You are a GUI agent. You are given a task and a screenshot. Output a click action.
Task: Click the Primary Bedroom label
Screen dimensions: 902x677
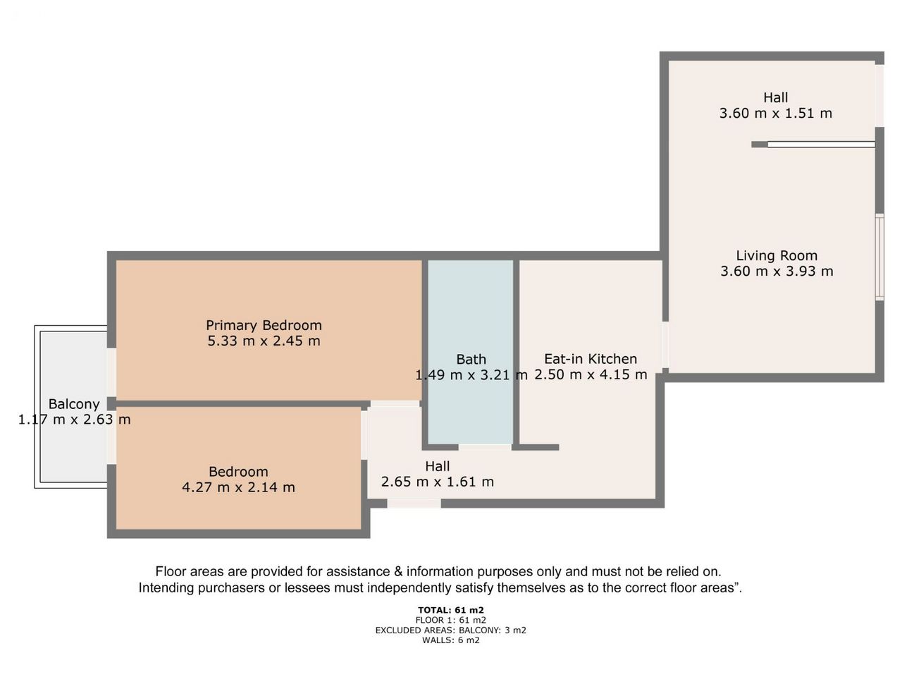[264, 325]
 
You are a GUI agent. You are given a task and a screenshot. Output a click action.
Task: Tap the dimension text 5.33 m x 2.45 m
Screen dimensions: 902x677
[264, 341]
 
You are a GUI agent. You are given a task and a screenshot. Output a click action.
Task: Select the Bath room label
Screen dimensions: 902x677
[471, 359]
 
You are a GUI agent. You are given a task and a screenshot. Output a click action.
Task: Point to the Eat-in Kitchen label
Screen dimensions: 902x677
[591, 359]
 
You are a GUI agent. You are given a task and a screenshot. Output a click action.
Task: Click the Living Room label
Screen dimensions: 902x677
[777, 256]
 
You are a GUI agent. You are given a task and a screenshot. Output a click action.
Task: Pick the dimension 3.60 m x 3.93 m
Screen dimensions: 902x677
[777, 272]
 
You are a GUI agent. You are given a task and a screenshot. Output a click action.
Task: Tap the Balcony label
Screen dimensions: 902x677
[74, 404]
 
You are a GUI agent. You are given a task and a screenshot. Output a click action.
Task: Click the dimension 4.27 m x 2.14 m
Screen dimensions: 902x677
[238, 487]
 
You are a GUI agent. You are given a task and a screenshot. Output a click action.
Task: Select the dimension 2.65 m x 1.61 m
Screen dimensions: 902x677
[437, 482]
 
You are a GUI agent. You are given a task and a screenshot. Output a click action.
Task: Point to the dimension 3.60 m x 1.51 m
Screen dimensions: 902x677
[775, 113]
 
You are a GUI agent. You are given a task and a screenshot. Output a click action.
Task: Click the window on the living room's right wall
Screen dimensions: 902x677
[879, 257]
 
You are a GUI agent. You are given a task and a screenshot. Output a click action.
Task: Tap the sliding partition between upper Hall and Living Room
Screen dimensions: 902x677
[821, 145]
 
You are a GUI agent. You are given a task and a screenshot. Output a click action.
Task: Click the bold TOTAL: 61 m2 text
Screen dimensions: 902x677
[451, 610]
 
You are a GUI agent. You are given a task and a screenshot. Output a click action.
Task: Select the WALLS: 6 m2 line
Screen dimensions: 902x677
[451, 640]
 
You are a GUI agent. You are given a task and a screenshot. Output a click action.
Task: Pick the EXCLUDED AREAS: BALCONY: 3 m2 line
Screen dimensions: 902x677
[451, 630]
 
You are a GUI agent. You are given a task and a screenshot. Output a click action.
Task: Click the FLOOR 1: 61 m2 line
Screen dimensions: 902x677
[451, 621]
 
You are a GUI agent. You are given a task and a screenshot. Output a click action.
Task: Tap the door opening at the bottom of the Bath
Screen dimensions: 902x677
[485, 447]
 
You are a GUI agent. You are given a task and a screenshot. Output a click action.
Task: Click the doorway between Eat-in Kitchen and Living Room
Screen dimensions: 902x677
[665, 344]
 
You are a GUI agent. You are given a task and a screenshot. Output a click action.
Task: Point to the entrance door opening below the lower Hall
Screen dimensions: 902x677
[414, 503]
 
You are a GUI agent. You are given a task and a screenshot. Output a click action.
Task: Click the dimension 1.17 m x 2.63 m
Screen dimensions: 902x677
[75, 420]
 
